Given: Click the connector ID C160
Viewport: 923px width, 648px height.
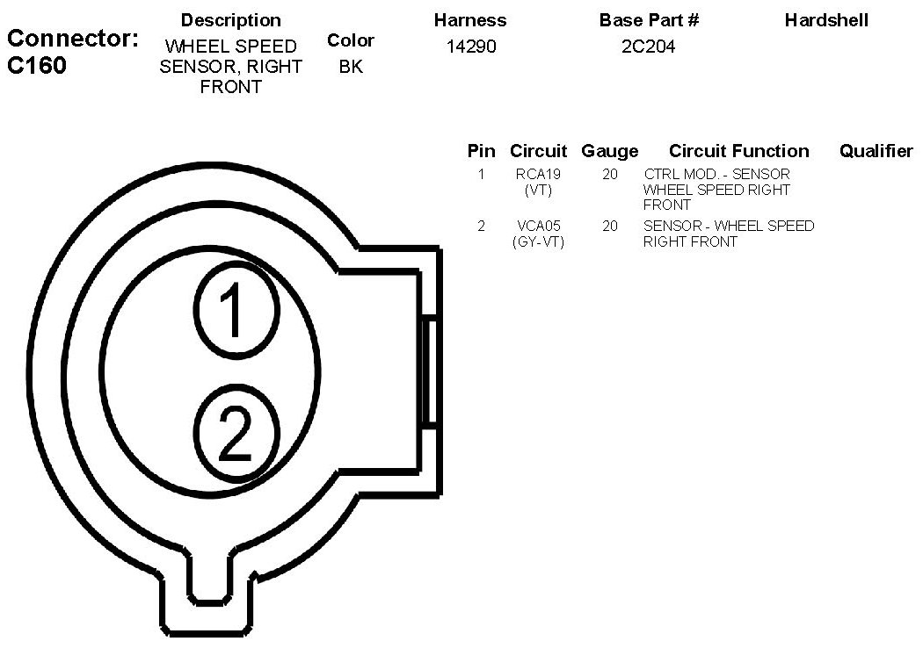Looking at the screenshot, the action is pos(37,65).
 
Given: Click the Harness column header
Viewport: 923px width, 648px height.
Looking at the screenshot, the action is pos(469,20).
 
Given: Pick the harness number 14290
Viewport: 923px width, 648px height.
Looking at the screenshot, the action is pos(471,47).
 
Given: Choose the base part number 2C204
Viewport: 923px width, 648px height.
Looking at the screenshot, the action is pos(648,47).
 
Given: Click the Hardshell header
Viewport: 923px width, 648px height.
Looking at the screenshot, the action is pos(826,20).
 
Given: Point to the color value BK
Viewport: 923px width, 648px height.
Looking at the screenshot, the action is pos(351,67).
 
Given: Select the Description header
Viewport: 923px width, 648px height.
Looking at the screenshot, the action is pos(230,20).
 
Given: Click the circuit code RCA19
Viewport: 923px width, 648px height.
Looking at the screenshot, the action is pos(538,174).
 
